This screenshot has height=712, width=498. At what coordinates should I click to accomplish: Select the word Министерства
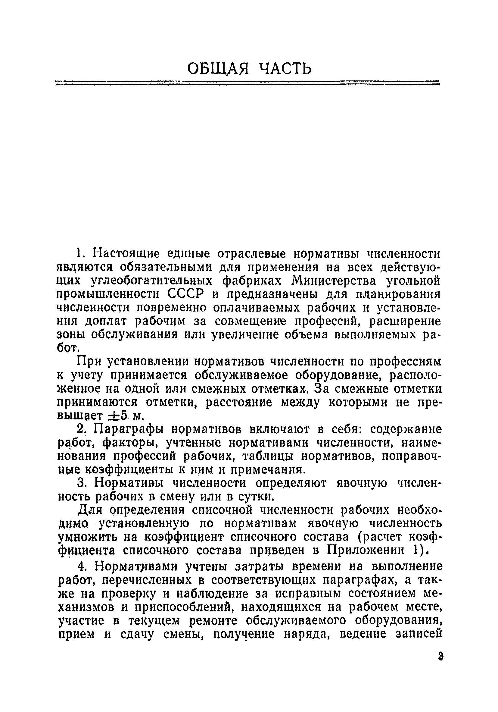pyautogui.click(x=333, y=281)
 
